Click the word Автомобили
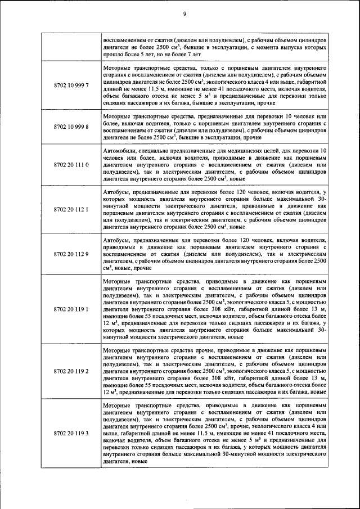click(x=121, y=151)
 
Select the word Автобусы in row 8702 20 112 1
click(x=119, y=192)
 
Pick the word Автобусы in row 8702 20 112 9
click(x=119, y=240)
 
